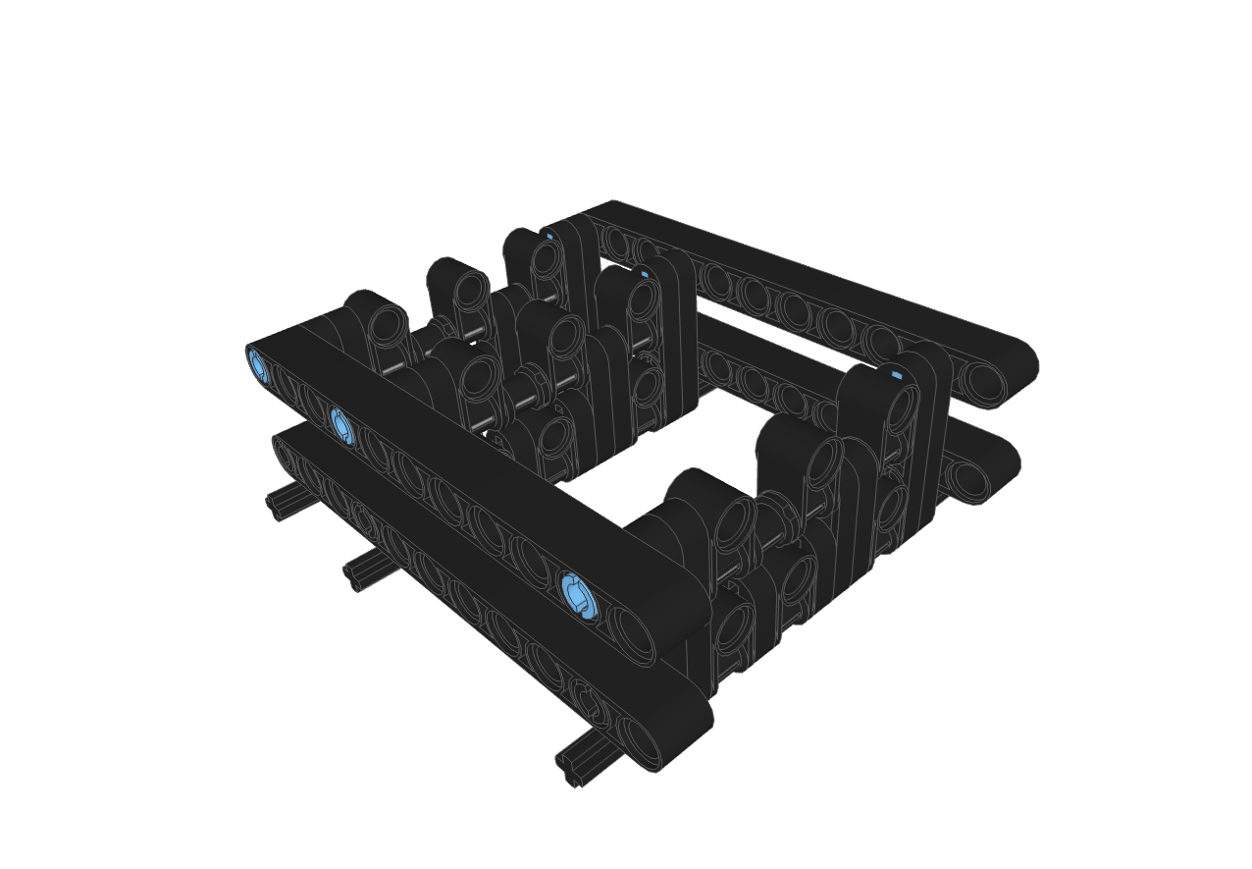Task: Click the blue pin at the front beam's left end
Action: [x=258, y=365]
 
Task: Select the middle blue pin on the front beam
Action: [x=341, y=426]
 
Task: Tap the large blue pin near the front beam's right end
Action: [x=578, y=595]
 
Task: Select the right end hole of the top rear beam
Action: [x=984, y=381]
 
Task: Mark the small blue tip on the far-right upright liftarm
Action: [x=896, y=375]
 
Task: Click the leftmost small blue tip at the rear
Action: [x=549, y=237]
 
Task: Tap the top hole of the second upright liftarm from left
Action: [x=470, y=290]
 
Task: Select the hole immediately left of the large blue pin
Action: [x=531, y=561]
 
